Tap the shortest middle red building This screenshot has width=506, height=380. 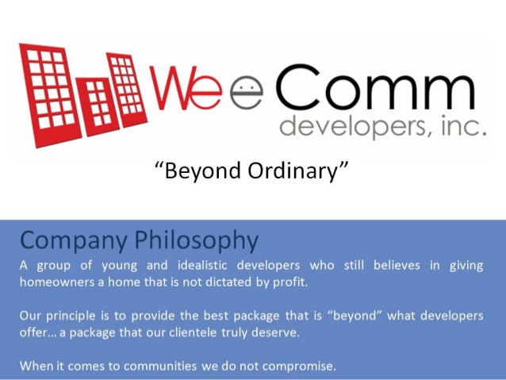(97, 106)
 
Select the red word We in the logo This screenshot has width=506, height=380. (186, 87)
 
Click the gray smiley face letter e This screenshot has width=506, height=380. (246, 93)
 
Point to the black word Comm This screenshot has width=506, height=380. (376, 86)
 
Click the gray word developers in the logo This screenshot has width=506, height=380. (356, 127)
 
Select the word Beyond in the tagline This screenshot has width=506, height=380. (202, 171)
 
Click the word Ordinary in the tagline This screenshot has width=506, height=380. (293, 171)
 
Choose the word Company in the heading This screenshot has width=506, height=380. (74, 241)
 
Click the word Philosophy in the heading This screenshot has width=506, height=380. (196, 241)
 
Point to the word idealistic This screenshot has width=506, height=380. (202, 266)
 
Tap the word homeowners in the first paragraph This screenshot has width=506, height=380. (57, 282)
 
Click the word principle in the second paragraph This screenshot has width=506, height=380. (71, 316)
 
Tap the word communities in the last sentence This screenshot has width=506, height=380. (160, 367)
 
